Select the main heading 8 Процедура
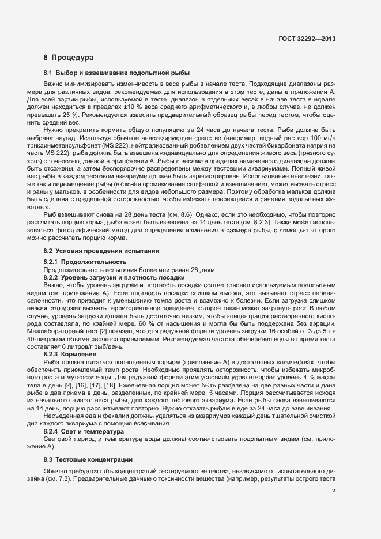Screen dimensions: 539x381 (69, 58)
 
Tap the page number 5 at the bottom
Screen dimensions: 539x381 (333, 491)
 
